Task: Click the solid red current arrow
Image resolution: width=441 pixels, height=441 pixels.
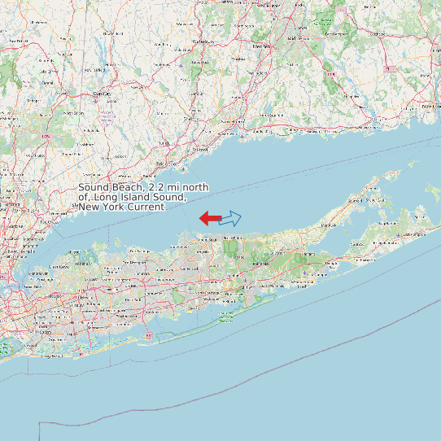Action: (209, 218)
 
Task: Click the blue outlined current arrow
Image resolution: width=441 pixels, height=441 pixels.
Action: (231, 218)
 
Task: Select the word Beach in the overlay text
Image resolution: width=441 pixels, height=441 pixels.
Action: (123, 188)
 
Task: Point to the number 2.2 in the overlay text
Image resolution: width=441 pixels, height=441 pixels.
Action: (148, 188)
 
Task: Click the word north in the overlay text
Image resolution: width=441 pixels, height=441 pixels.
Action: (194, 188)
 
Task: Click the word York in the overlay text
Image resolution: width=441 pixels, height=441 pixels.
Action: (113, 207)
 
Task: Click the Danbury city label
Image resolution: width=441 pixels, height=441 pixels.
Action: (103, 94)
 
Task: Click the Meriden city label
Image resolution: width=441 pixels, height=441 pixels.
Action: (260, 46)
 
